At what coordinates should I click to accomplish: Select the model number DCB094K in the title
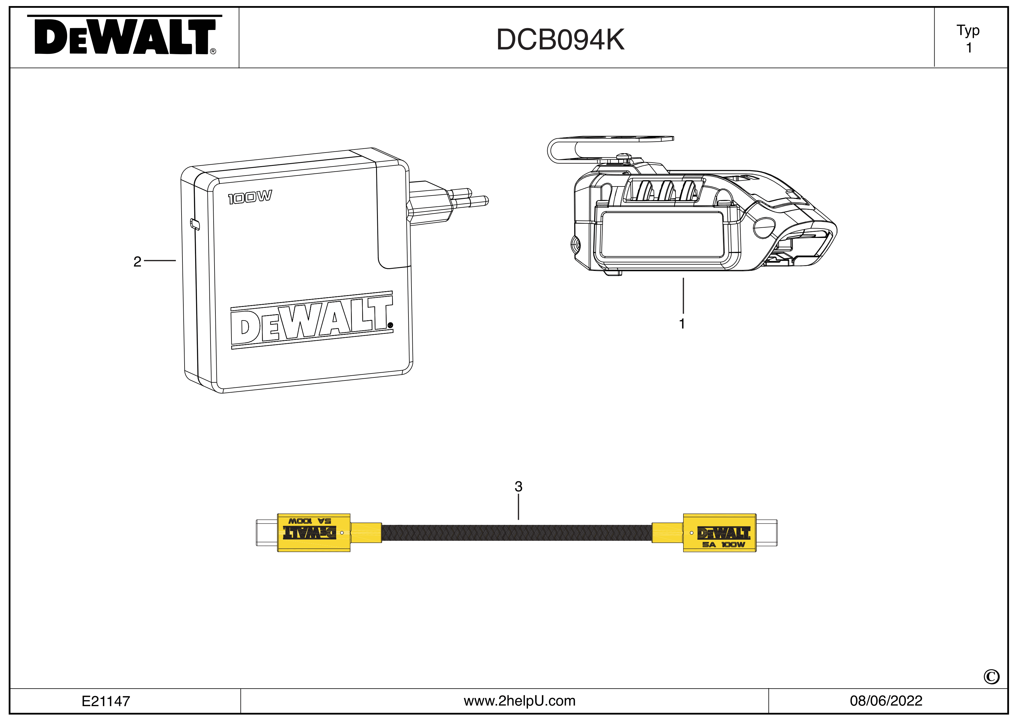pos(560,40)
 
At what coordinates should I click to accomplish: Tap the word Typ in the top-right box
pos(968,31)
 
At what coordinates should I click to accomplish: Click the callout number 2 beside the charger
pos(137,262)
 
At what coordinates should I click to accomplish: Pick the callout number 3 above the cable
pos(518,487)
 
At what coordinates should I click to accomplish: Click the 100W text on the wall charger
pos(250,197)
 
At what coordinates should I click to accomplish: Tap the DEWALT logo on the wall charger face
pos(311,321)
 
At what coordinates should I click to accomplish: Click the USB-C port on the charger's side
pos(195,224)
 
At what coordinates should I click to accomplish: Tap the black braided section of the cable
pos(516,533)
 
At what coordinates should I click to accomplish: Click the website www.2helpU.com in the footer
pos(519,701)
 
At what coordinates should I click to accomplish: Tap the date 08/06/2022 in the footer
pos(886,701)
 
